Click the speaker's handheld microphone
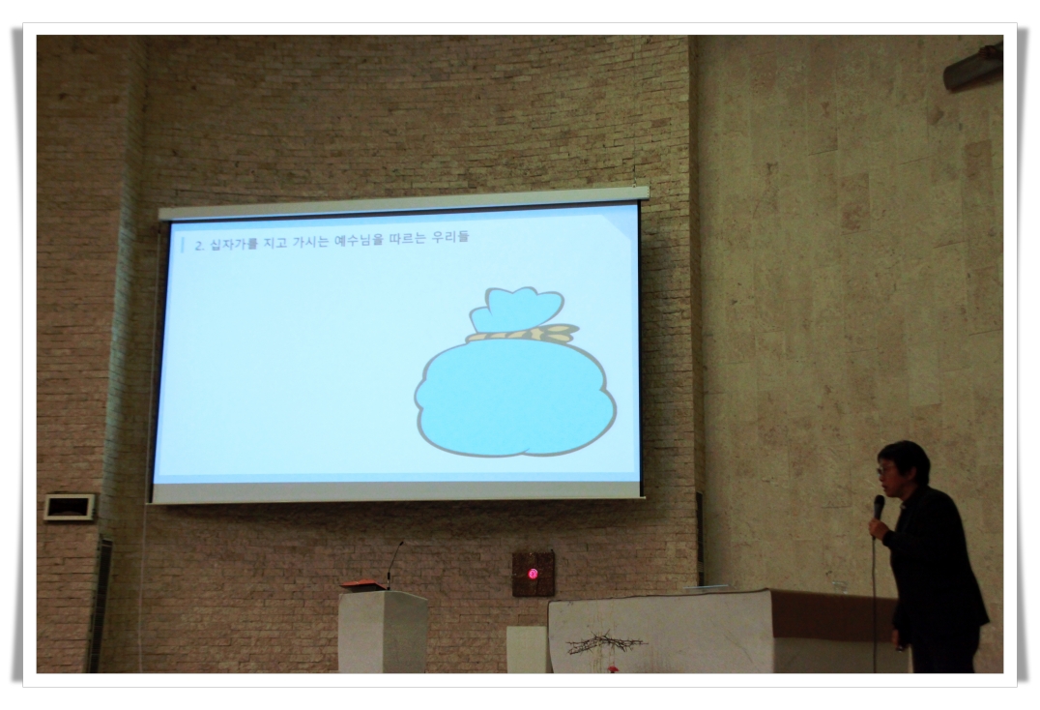tap(879, 508)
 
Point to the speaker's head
tap(903, 467)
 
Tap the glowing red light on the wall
tap(533, 574)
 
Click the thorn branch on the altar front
tap(604, 643)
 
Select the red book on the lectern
tap(362, 585)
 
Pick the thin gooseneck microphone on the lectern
tap(394, 564)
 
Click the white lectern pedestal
tap(383, 631)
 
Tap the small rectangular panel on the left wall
tap(70, 507)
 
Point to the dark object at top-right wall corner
tap(973, 65)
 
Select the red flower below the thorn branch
tap(612, 667)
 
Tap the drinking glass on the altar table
tap(840, 586)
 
